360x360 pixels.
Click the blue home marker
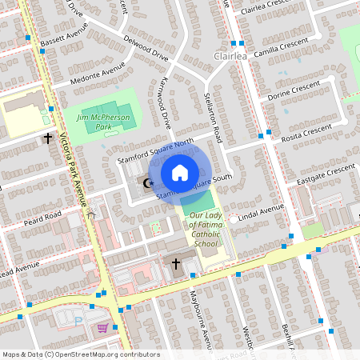180,173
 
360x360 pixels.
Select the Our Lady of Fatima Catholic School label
203,234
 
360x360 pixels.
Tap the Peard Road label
43,217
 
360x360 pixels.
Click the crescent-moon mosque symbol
146,184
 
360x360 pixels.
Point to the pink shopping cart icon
102,327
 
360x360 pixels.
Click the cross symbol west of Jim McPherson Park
47,138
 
